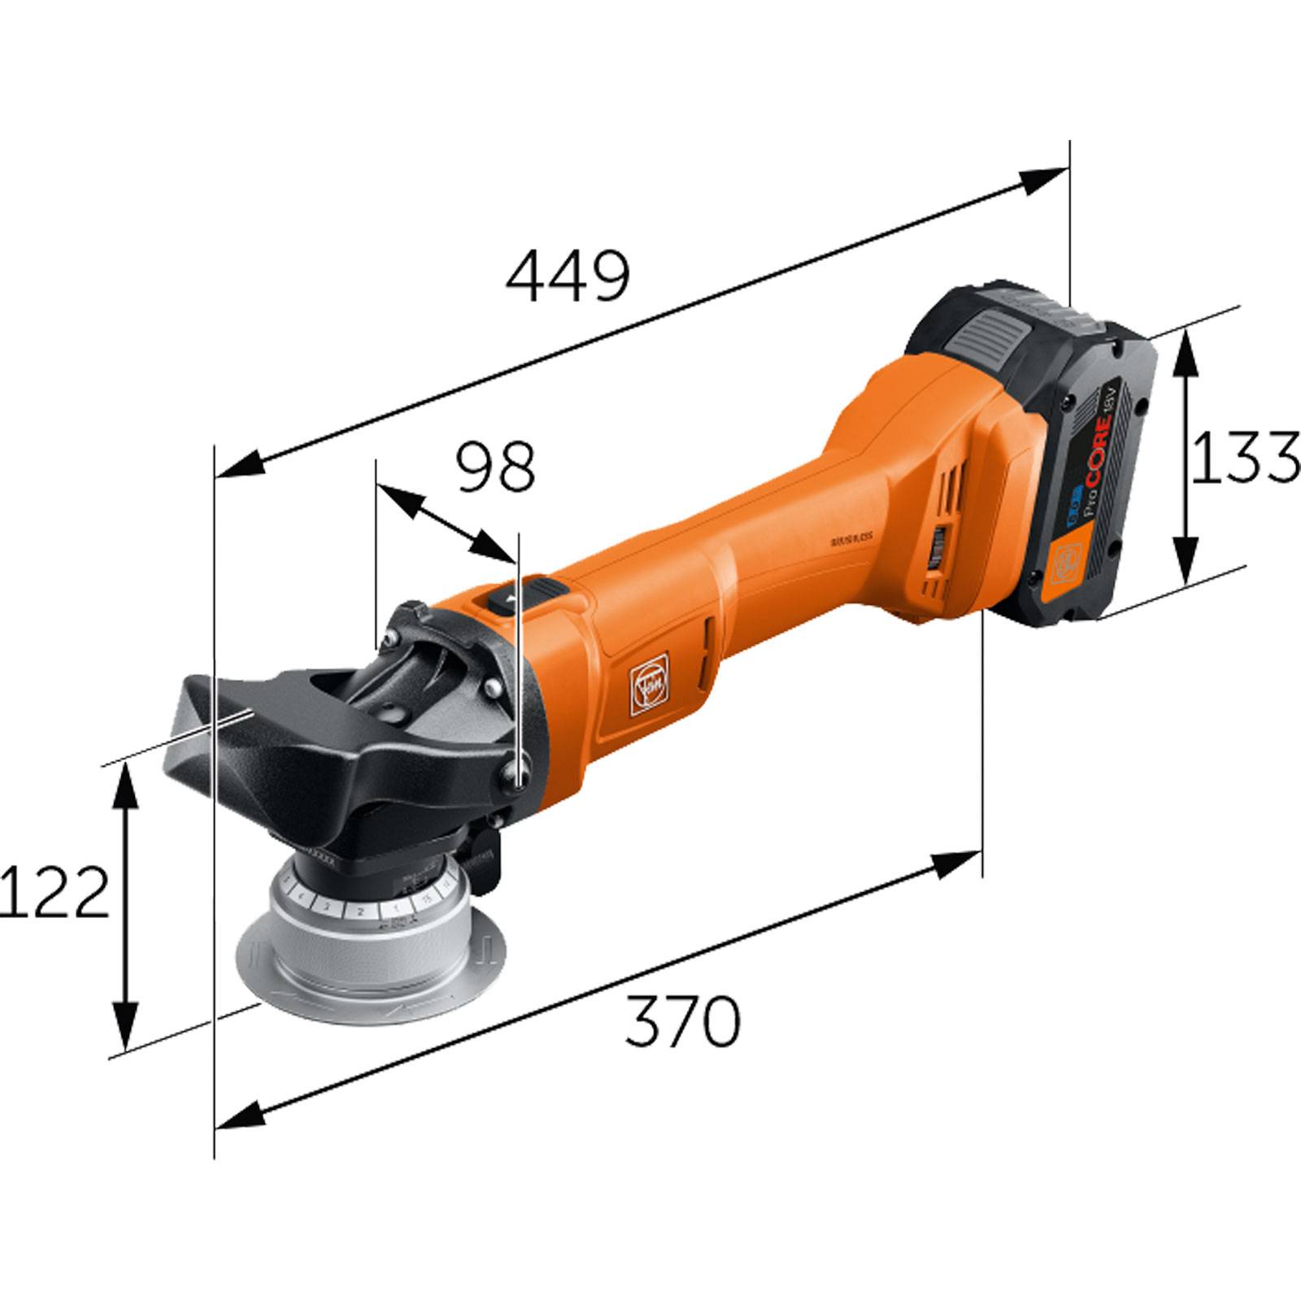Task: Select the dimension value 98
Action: pyautogui.click(x=496, y=468)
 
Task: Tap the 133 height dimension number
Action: pyautogui.click(x=1242, y=457)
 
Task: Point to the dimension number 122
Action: pyautogui.click(x=54, y=892)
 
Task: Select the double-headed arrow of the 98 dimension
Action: pyautogui.click(x=446, y=523)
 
